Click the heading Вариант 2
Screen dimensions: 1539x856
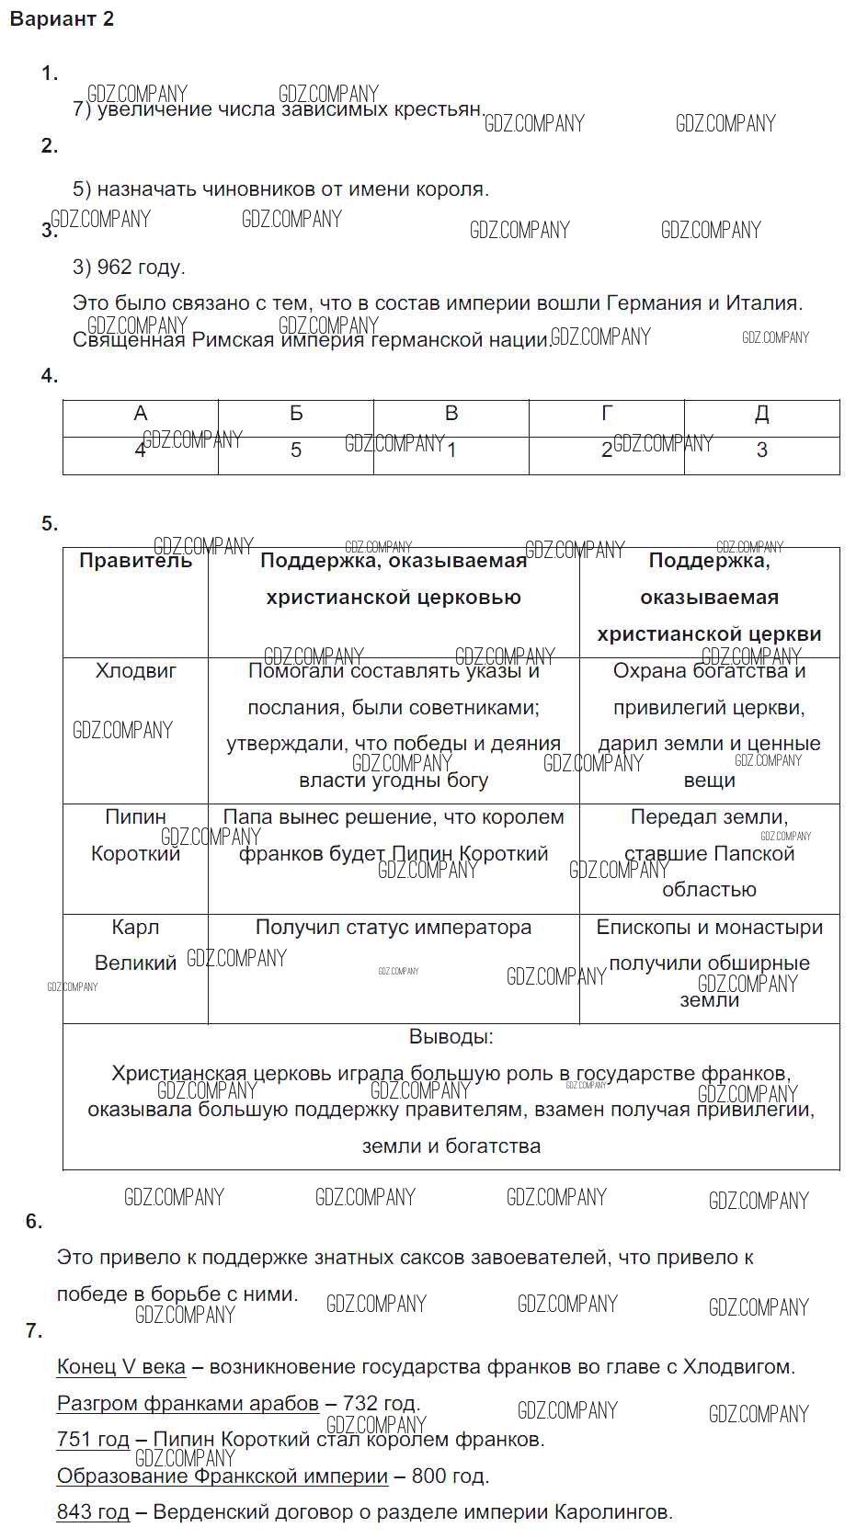(62, 19)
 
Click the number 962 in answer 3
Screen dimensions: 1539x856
(115, 268)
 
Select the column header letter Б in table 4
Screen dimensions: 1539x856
(296, 414)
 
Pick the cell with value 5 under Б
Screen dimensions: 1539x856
(296, 450)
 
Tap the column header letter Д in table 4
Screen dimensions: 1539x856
(762, 414)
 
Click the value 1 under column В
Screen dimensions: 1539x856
(451, 450)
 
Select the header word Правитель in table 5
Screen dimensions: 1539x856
(135, 561)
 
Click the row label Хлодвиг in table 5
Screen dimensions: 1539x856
(135, 671)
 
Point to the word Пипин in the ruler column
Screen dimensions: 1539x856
(135, 817)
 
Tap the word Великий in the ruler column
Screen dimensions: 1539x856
(135, 963)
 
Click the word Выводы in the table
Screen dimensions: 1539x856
(450, 1037)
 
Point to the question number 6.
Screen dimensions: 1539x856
(34, 1222)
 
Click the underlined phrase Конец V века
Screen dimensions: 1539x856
(121, 1367)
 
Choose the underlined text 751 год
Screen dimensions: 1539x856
(93, 1440)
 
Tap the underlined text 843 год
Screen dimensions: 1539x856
(93, 1512)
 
